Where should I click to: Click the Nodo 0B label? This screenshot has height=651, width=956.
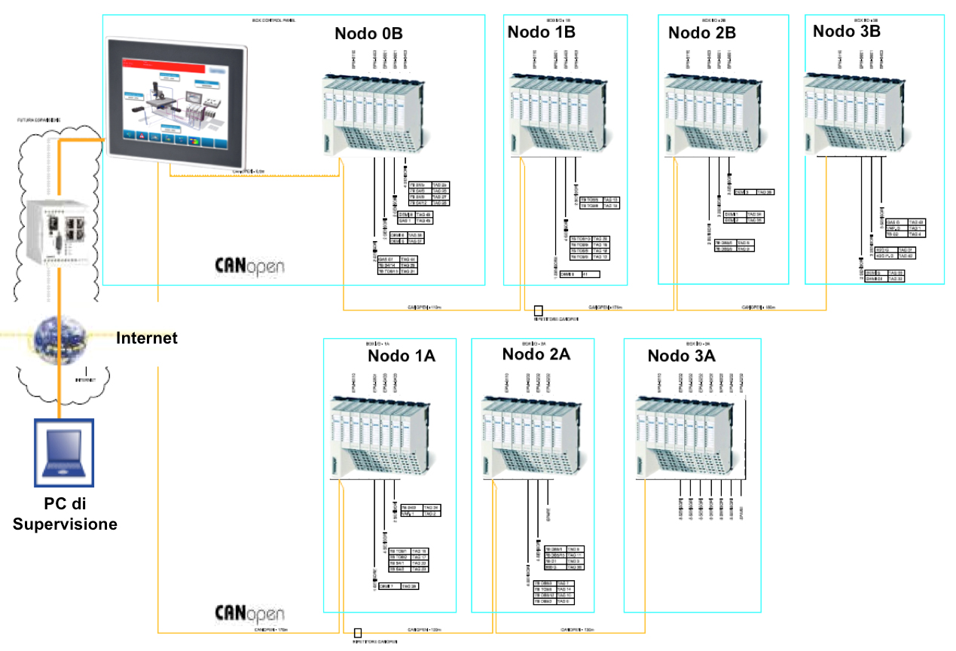click(x=368, y=35)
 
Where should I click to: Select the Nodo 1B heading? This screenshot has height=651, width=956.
click(x=542, y=32)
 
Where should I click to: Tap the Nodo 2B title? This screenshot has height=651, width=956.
click(x=702, y=32)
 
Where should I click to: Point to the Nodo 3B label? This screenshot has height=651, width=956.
click(x=847, y=31)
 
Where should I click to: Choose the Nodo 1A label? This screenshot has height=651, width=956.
click(x=402, y=356)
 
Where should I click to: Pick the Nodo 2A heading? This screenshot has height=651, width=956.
click(x=536, y=354)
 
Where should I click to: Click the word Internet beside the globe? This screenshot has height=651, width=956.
click(x=147, y=338)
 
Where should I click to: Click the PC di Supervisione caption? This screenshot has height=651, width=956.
click(x=65, y=514)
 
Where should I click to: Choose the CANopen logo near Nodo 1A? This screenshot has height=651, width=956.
click(x=250, y=611)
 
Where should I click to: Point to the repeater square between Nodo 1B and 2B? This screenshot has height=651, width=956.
click(x=538, y=310)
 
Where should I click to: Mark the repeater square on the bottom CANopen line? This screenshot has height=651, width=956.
click(x=358, y=633)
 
